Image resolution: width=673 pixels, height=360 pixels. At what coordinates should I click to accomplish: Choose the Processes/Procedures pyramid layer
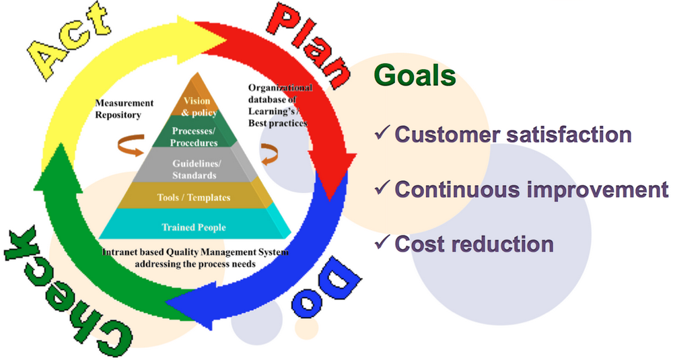[x=194, y=137]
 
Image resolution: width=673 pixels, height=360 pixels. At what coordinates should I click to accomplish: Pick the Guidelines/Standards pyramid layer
[x=194, y=170]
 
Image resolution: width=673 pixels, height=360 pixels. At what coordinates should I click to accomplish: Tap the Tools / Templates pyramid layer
[x=196, y=198]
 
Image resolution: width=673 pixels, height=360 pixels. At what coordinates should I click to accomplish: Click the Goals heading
[x=415, y=75]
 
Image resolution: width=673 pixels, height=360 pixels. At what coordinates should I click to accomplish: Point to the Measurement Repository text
[x=124, y=109]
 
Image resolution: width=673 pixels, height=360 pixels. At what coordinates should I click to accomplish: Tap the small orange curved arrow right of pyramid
[x=269, y=153]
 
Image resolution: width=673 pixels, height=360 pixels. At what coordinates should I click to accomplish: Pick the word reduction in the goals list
[x=504, y=244]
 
